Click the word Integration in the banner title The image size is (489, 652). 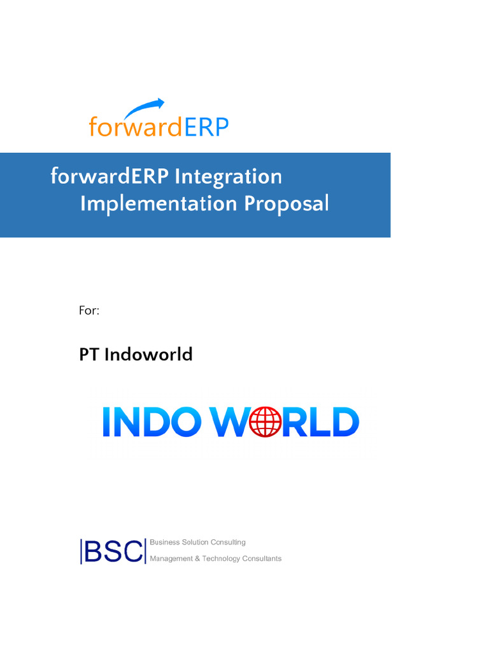click(228, 176)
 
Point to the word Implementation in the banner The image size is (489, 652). click(159, 204)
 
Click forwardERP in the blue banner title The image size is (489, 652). click(110, 176)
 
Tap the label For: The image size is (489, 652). click(89, 311)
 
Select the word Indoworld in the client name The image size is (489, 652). click(148, 354)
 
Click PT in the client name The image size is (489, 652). click(89, 354)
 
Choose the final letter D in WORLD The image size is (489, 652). click(344, 422)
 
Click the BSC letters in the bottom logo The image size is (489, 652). click(113, 551)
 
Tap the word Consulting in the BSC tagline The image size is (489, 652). click(228, 542)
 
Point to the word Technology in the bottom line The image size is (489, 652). click(221, 559)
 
